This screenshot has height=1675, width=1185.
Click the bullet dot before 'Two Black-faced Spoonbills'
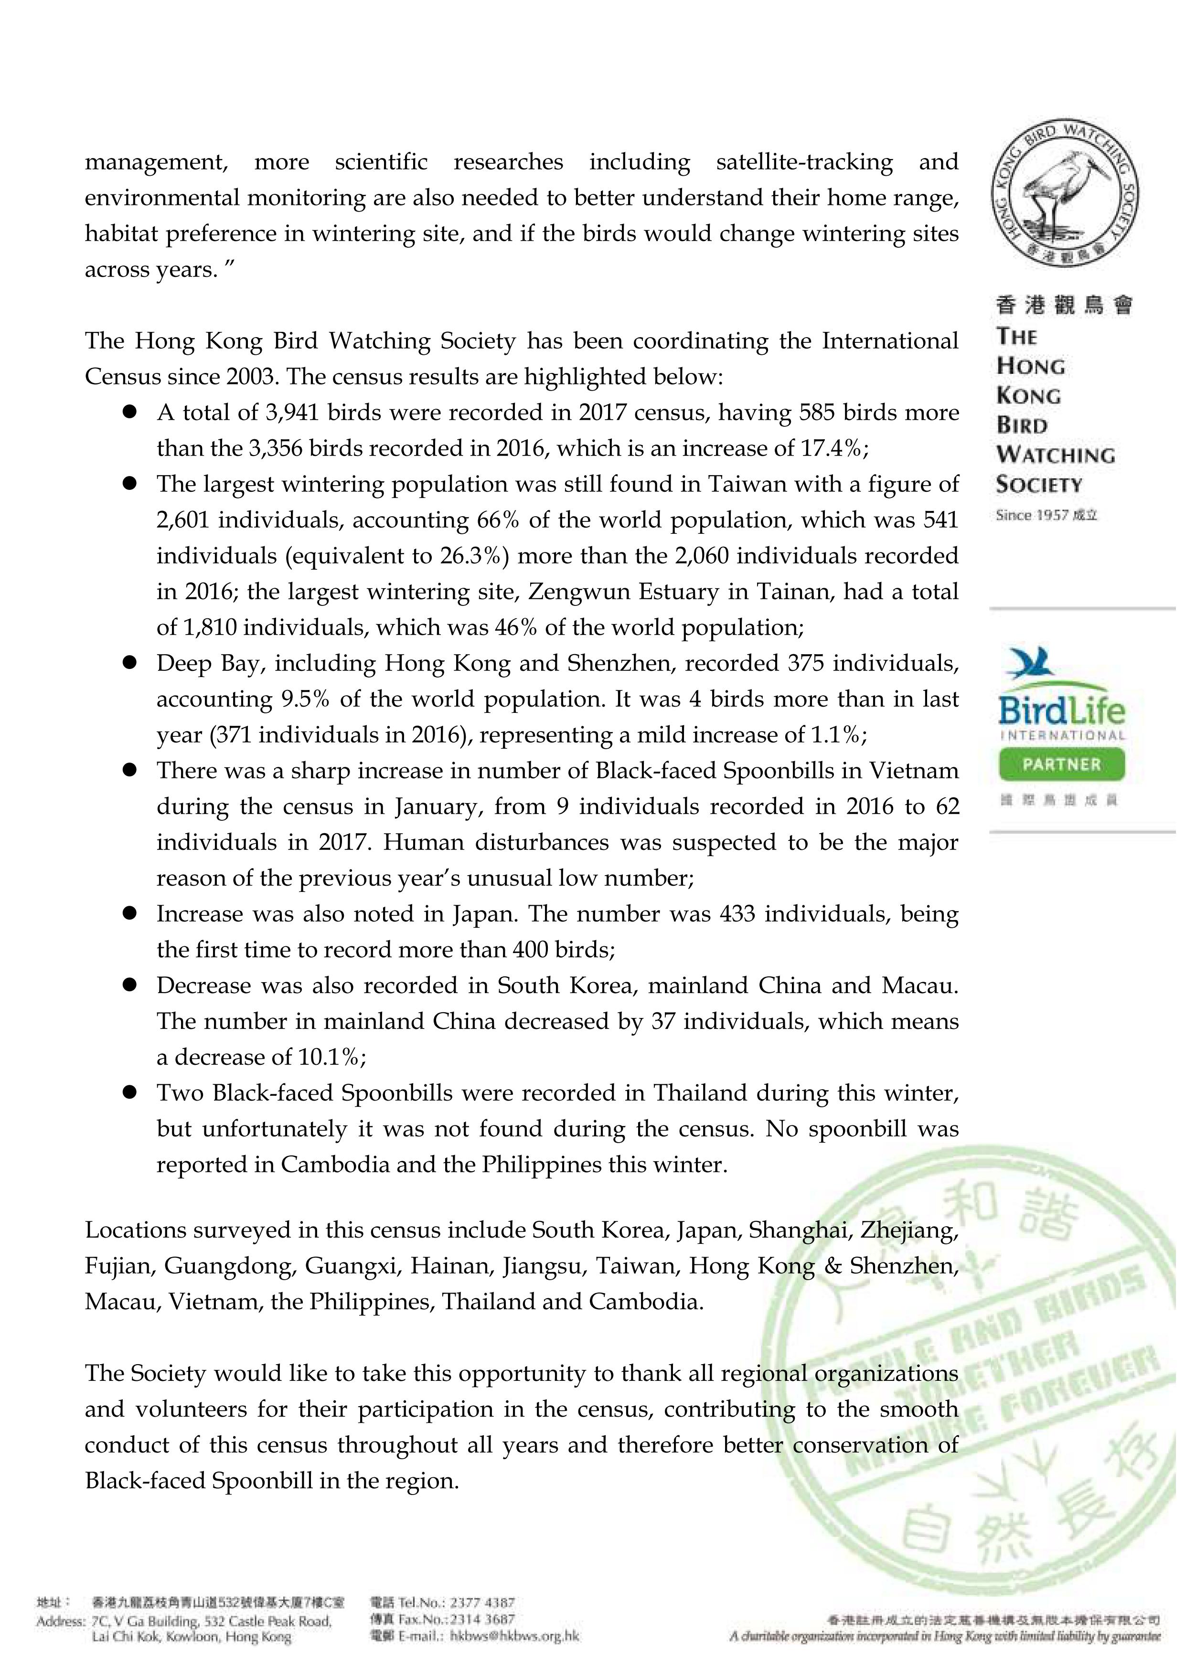(x=130, y=1093)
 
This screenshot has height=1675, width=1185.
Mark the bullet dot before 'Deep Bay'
(x=130, y=663)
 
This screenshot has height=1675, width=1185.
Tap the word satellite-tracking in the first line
(x=804, y=162)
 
